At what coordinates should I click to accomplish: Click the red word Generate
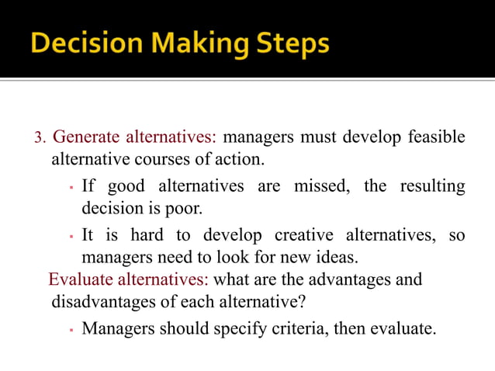coord(85,138)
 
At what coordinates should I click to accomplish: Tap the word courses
coord(168,161)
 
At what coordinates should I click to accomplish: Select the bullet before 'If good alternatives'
coord(70,188)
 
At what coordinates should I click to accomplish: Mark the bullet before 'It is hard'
coord(70,236)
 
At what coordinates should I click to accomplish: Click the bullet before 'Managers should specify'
coord(70,329)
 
